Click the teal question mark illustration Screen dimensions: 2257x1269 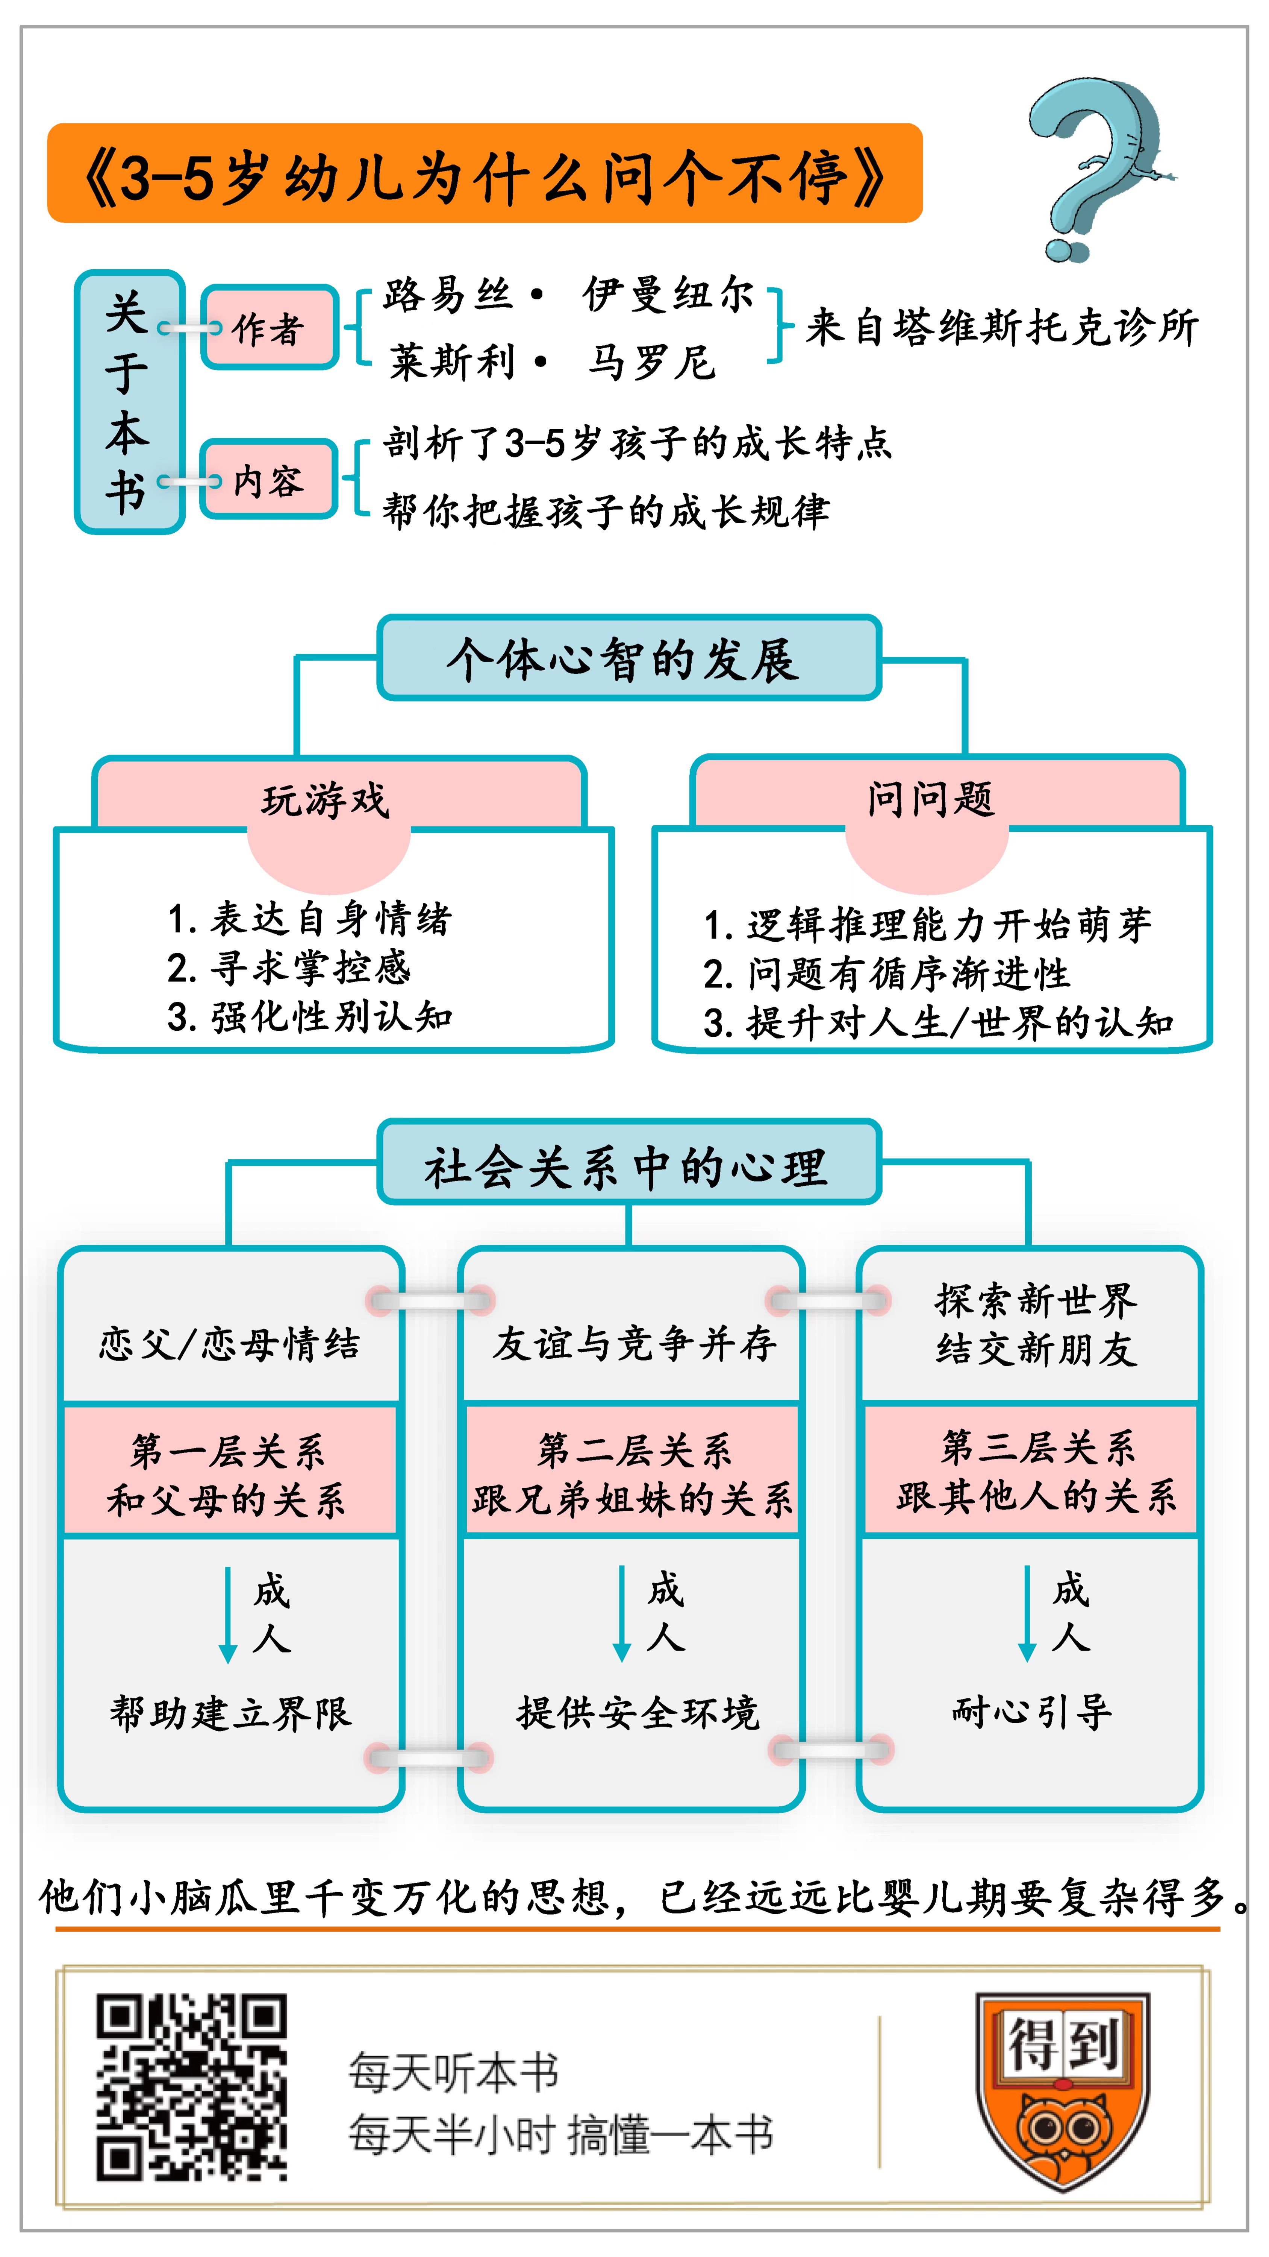pos(1095,167)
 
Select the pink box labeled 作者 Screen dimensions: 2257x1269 pos(269,328)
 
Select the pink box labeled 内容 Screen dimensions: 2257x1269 pos(269,480)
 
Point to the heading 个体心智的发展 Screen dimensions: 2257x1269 pos(628,659)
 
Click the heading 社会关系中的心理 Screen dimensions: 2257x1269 pos(628,1165)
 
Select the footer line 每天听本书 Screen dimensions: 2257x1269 pos(454,2071)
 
